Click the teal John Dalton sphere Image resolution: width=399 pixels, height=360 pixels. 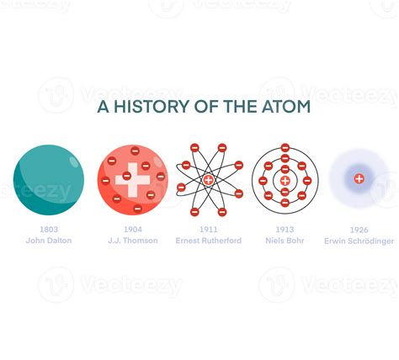[48, 180]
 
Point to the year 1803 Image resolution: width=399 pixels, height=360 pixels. [49, 229]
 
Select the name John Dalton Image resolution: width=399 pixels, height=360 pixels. [49, 241]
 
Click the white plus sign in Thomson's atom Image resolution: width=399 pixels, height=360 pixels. [133, 180]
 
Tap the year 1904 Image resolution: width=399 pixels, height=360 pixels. [133, 229]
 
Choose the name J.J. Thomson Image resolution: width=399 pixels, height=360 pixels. [133, 241]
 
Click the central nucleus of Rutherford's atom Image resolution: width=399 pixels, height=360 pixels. [209, 180]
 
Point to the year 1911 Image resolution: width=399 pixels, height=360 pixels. [208, 229]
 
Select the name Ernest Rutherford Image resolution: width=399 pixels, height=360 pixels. [208, 241]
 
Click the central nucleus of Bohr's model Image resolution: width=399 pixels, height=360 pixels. [285, 180]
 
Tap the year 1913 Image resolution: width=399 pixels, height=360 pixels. [285, 229]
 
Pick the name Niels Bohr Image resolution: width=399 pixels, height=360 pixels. [285, 241]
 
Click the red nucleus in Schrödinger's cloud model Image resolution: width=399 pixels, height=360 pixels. [359, 178]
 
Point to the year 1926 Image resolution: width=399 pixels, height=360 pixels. [359, 229]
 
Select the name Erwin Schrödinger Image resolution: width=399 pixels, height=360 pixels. [359, 241]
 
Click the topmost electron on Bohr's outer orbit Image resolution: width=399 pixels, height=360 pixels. [285, 148]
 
